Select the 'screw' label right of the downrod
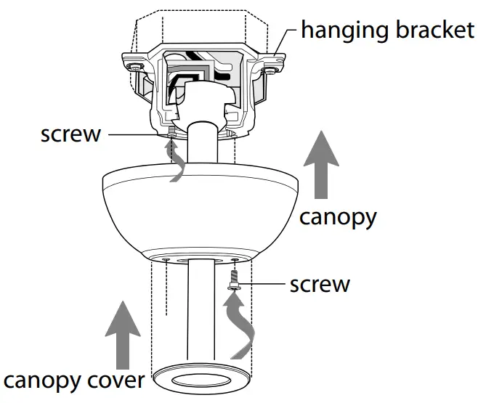point(320,283)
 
